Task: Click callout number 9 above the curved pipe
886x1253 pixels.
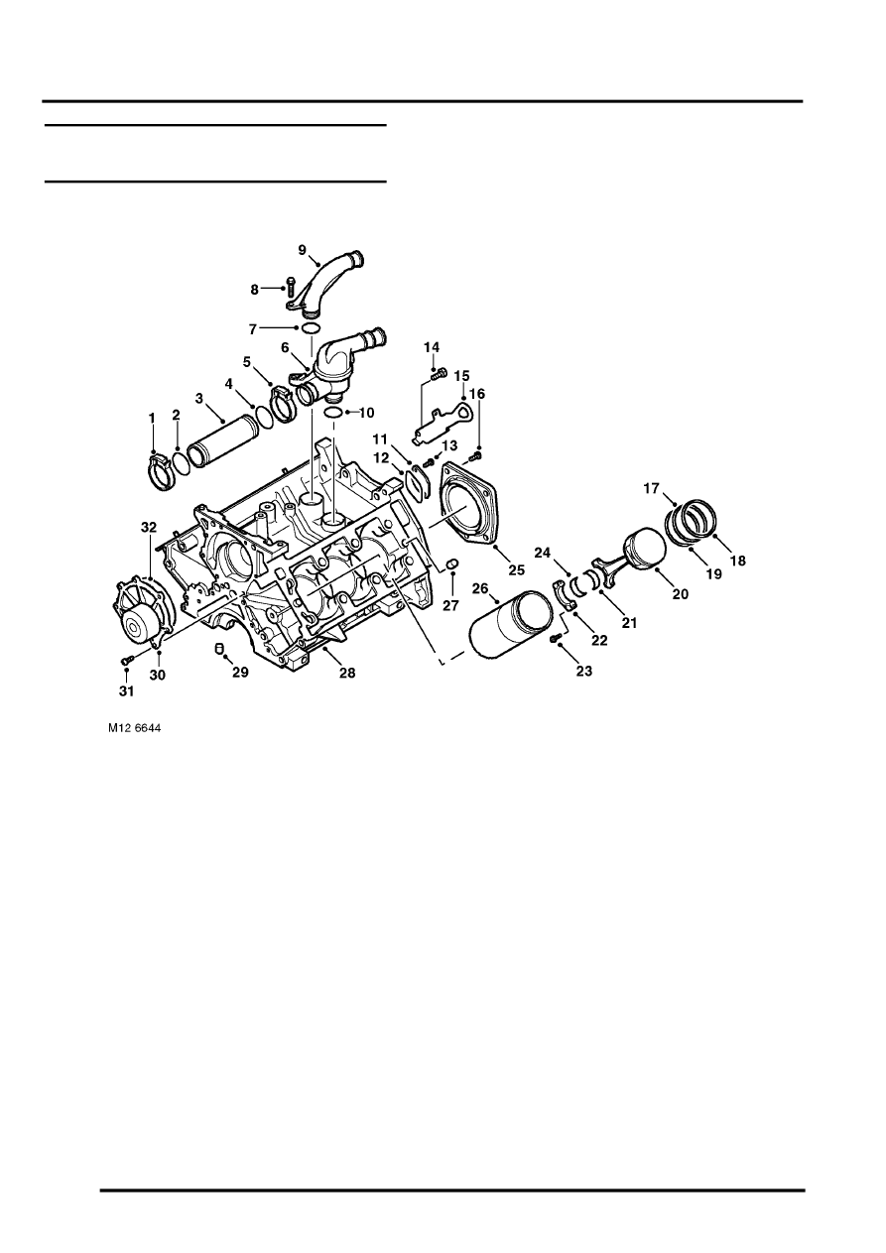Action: point(302,249)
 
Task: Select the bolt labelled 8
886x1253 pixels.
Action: point(290,287)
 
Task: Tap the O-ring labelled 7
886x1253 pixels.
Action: point(311,327)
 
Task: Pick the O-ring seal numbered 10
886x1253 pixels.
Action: point(333,413)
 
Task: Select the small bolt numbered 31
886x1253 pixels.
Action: point(127,660)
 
